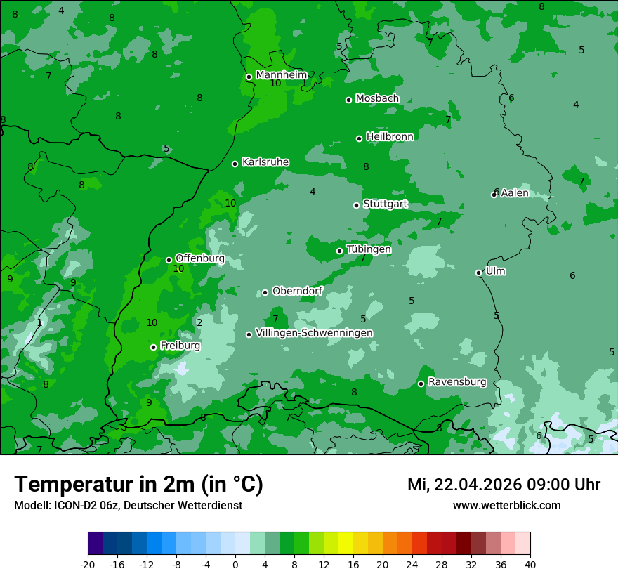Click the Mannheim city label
pos(281,74)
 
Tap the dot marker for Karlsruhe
pos(235,164)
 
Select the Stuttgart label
pos(385,204)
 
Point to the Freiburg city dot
pos(153,347)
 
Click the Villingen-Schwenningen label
pos(314,332)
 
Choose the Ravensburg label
pos(456,382)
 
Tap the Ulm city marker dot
pos(478,273)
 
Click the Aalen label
pos(514,192)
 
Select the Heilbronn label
pos(390,136)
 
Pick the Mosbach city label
pos(377,98)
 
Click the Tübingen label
pos(369,249)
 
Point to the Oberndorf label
pos(297,290)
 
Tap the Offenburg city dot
pos(169,260)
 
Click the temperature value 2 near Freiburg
pos(199,322)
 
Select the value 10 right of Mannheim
pos(275,83)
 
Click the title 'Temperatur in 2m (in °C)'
pos(138,484)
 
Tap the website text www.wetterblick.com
pos(506,505)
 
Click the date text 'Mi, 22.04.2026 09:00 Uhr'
pos(504,485)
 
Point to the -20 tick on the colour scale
pos(88,564)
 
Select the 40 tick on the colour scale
pos(530,564)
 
